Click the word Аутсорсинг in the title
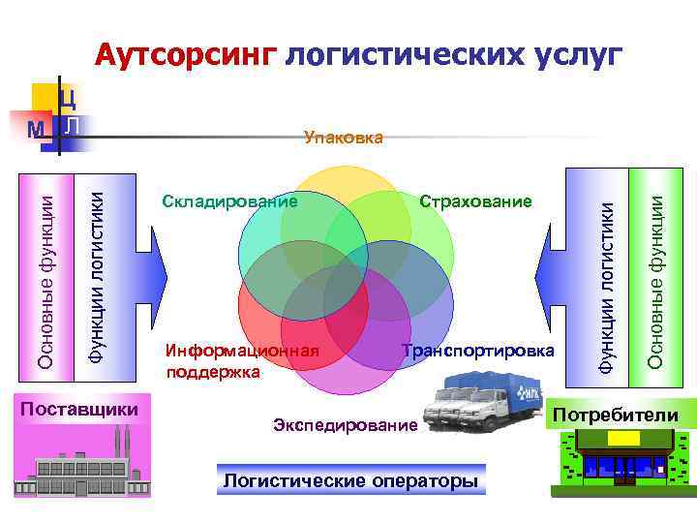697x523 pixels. (x=187, y=55)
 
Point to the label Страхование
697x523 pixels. (x=475, y=201)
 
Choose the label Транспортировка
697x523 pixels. (x=479, y=350)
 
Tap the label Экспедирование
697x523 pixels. (x=346, y=424)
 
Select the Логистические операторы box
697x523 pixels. (x=350, y=480)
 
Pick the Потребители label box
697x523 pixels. (x=616, y=415)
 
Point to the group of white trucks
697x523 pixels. (x=485, y=406)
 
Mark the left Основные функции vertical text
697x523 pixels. (x=45, y=275)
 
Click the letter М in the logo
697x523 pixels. (x=36, y=130)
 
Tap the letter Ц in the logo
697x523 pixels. (x=68, y=97)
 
